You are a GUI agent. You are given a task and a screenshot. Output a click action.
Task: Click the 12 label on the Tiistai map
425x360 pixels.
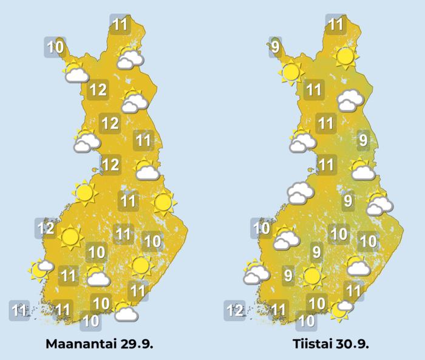click(235, 311)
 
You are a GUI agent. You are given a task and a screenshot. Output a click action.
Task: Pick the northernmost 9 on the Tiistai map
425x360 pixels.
click(276, 46)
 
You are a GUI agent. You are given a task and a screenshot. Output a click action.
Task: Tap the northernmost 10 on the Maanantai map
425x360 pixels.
click(56, 46)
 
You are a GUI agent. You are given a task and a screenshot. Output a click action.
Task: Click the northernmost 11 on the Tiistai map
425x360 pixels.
click(336, 25)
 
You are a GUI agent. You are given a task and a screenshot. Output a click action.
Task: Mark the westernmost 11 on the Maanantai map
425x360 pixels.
click(19, 311)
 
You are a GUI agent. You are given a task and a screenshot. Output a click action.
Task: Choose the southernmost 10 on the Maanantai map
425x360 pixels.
click(90, 320)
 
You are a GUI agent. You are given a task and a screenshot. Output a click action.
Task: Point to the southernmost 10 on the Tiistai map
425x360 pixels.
click(307, 320)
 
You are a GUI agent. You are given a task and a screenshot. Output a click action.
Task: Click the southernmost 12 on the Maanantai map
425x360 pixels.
click(46, 229)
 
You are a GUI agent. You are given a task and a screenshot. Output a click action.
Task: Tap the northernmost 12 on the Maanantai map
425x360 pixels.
click(98, 91)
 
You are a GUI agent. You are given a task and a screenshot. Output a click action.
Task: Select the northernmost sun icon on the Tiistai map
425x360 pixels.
click(345, 57)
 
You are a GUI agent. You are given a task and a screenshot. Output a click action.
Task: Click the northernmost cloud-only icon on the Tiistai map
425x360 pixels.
click(351, 100)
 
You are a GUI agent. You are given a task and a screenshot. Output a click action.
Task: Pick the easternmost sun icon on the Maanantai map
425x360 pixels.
click(163, 202)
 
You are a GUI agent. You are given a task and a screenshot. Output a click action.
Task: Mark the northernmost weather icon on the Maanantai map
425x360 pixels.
click(131, 58)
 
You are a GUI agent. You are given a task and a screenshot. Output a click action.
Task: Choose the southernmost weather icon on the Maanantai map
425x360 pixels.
click(125, 312)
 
